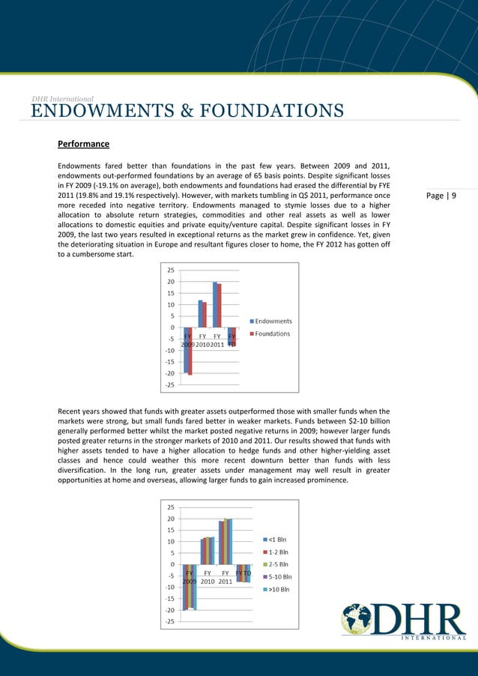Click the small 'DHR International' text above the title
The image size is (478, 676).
[x=62, y=98]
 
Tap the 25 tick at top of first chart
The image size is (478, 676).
[x=171, y=271]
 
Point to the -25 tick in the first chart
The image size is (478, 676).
[x=170, y=385]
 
